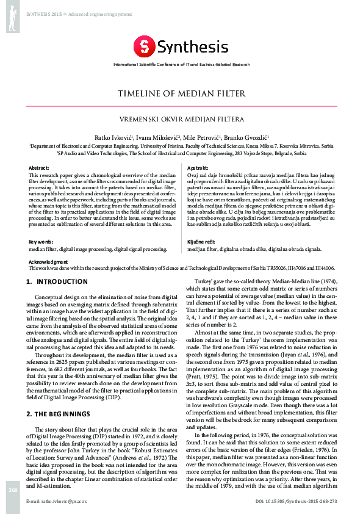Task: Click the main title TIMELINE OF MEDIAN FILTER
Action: click(181, 94)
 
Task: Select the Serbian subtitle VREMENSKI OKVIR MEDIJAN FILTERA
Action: click(181, 118)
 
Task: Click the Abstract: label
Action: click(40, 167)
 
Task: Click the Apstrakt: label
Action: click(199, 167)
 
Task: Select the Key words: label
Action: click(41, 242)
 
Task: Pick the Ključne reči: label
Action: click(201, 242)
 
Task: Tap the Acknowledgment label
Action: click(49, 261)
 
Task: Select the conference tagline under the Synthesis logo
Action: click(181, 63)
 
